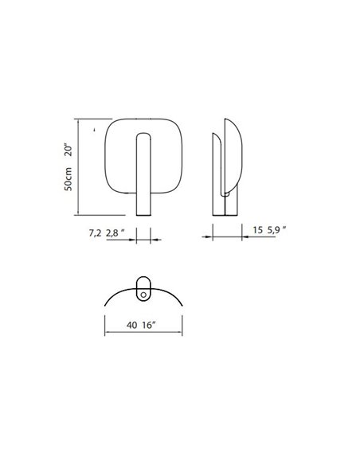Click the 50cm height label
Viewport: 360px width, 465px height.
click(69, 182)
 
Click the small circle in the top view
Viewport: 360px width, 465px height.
click(143, 294)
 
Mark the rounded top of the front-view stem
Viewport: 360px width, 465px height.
click(143, 135)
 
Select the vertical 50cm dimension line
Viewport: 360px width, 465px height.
click(78, 167)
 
